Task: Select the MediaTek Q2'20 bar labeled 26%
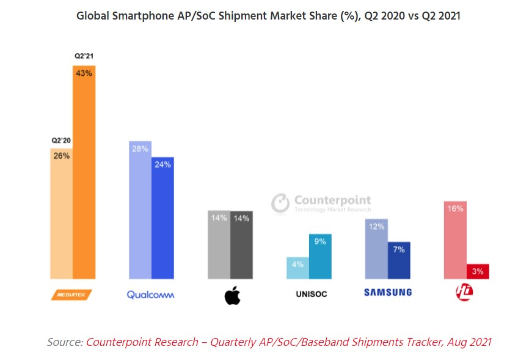coord(62,213)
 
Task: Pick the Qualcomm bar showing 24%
coord(163,218)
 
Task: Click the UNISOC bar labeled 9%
coord(320,256)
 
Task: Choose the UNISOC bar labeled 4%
coord(297,268)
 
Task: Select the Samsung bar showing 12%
coord(376,248)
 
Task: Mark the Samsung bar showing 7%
coord(399,260)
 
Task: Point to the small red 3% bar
coord(478,271)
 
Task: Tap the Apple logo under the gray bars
coord(232,296)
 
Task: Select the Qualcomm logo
coord(150,295)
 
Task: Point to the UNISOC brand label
coord(310,294)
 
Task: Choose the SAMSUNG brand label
coord(388,292)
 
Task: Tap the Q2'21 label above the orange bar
coord(84,57)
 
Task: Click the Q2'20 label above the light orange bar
coord(61,141)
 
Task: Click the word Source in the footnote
coord(64,342)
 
